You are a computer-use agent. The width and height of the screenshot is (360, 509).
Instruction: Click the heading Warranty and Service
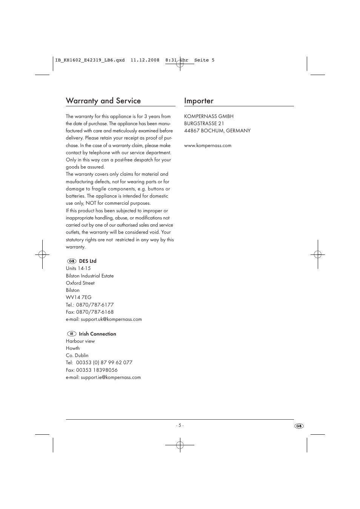tap(103, 101)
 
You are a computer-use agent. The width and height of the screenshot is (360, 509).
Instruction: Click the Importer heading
tap(199, 101)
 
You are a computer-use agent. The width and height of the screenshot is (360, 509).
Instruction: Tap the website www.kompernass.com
tap(208, 146)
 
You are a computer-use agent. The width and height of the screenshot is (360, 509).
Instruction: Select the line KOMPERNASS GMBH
tap(209, 117)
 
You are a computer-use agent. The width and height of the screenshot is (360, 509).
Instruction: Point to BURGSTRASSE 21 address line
tap(204, 124)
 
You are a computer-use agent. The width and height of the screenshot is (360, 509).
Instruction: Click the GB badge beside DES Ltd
tap(72, 261)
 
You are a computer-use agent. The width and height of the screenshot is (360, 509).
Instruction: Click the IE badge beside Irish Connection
tap(72, 334)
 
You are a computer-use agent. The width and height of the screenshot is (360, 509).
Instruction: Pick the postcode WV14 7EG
tap(78, 297)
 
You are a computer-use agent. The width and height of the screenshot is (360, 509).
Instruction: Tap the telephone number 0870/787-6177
tap(95, 305)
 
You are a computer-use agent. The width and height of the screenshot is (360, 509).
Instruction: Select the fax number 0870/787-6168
tap(95, 312)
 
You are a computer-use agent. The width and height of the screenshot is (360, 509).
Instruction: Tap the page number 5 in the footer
tap(180, 425)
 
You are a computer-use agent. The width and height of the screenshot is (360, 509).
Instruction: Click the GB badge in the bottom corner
tap(299, 426)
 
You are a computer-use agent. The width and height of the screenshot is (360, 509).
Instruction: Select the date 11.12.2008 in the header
tap(145, 60)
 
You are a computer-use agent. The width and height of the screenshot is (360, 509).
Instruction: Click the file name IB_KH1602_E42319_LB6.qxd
tap(90, 60)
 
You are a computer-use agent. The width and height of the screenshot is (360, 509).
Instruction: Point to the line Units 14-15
tap(78, 268)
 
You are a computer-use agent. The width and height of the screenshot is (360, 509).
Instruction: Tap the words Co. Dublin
tap(77, 356)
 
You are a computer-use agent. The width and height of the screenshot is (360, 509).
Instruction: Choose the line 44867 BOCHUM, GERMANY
tap(217, 131)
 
